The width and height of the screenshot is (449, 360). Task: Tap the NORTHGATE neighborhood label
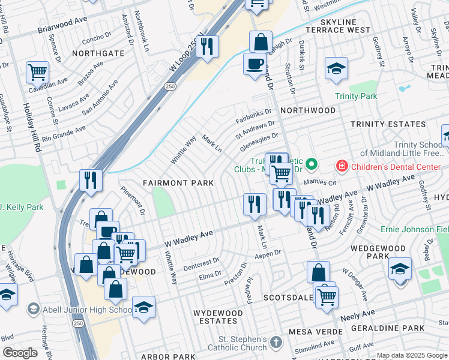[98, 53]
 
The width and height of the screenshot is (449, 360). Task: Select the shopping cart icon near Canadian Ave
[37, 73]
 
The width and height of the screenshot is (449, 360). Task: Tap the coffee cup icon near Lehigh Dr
[255, 63]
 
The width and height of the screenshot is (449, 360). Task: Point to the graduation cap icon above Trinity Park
[336, 68]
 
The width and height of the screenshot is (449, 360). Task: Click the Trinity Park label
[355, 96]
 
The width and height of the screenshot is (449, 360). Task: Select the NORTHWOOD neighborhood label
[308, 110]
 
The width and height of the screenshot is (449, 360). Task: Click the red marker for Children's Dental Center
[341, 165]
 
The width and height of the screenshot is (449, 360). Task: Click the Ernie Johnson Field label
[414, 229]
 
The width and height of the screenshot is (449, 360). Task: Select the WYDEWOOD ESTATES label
[218, 317]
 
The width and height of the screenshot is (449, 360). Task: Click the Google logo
[20, 353]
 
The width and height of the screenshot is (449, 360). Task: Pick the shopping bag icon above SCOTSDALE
[318, 271]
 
